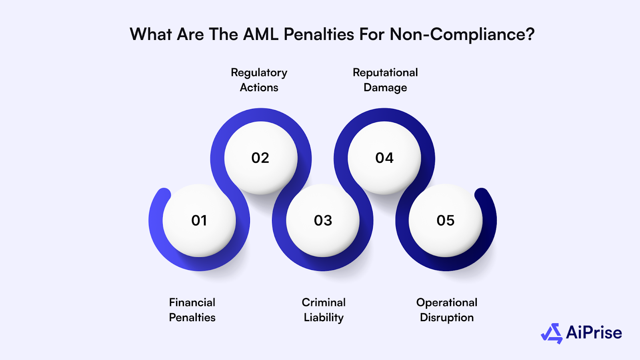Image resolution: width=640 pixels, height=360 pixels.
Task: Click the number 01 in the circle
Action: pyautogui.click(x=199, y=220)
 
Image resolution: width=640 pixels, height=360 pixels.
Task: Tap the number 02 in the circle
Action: pyautogui.click(x=260, y=158)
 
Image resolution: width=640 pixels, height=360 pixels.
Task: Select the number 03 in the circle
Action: pyautogui.click(x=323, y=220)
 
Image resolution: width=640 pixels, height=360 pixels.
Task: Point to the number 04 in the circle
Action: pyautogui.click(x=384, y=158)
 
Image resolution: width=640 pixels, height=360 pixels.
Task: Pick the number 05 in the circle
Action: pyautogui.click(x=445, y=220)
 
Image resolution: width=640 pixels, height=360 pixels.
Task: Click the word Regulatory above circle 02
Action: pyautogui.click(x=259, y=73)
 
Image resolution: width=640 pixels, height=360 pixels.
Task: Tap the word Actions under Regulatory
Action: pyautogui.click(x=259, y=88)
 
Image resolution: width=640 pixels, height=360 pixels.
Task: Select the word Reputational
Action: pyautogui.click(x=385, y=72)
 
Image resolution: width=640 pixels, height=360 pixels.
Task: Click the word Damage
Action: pyautogui.click(x=385, y=88)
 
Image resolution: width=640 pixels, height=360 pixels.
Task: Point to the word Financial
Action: pyautogui.click(x=192, y=302)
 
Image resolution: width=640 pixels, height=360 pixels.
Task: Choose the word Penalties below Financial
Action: pyautogui.click(x=192, y=318)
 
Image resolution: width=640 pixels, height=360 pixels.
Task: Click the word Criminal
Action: pyautogui.click(x=323, y=302)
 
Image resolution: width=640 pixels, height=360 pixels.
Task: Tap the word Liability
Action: pyautogui.click(x=323, y=318)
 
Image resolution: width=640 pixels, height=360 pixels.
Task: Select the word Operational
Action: pyautogui.click(x=446, y=302)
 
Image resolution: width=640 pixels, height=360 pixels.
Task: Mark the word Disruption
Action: pyautogui.click(x=446, y=318)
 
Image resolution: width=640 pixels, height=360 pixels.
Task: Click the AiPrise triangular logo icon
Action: pyautogui.click(x=552, y=333)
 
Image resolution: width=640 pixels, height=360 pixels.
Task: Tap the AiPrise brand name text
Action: pyautogui.click(x=594, y=333)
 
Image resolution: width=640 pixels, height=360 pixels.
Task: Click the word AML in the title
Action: pyautogui.click(x=260, y=34)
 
